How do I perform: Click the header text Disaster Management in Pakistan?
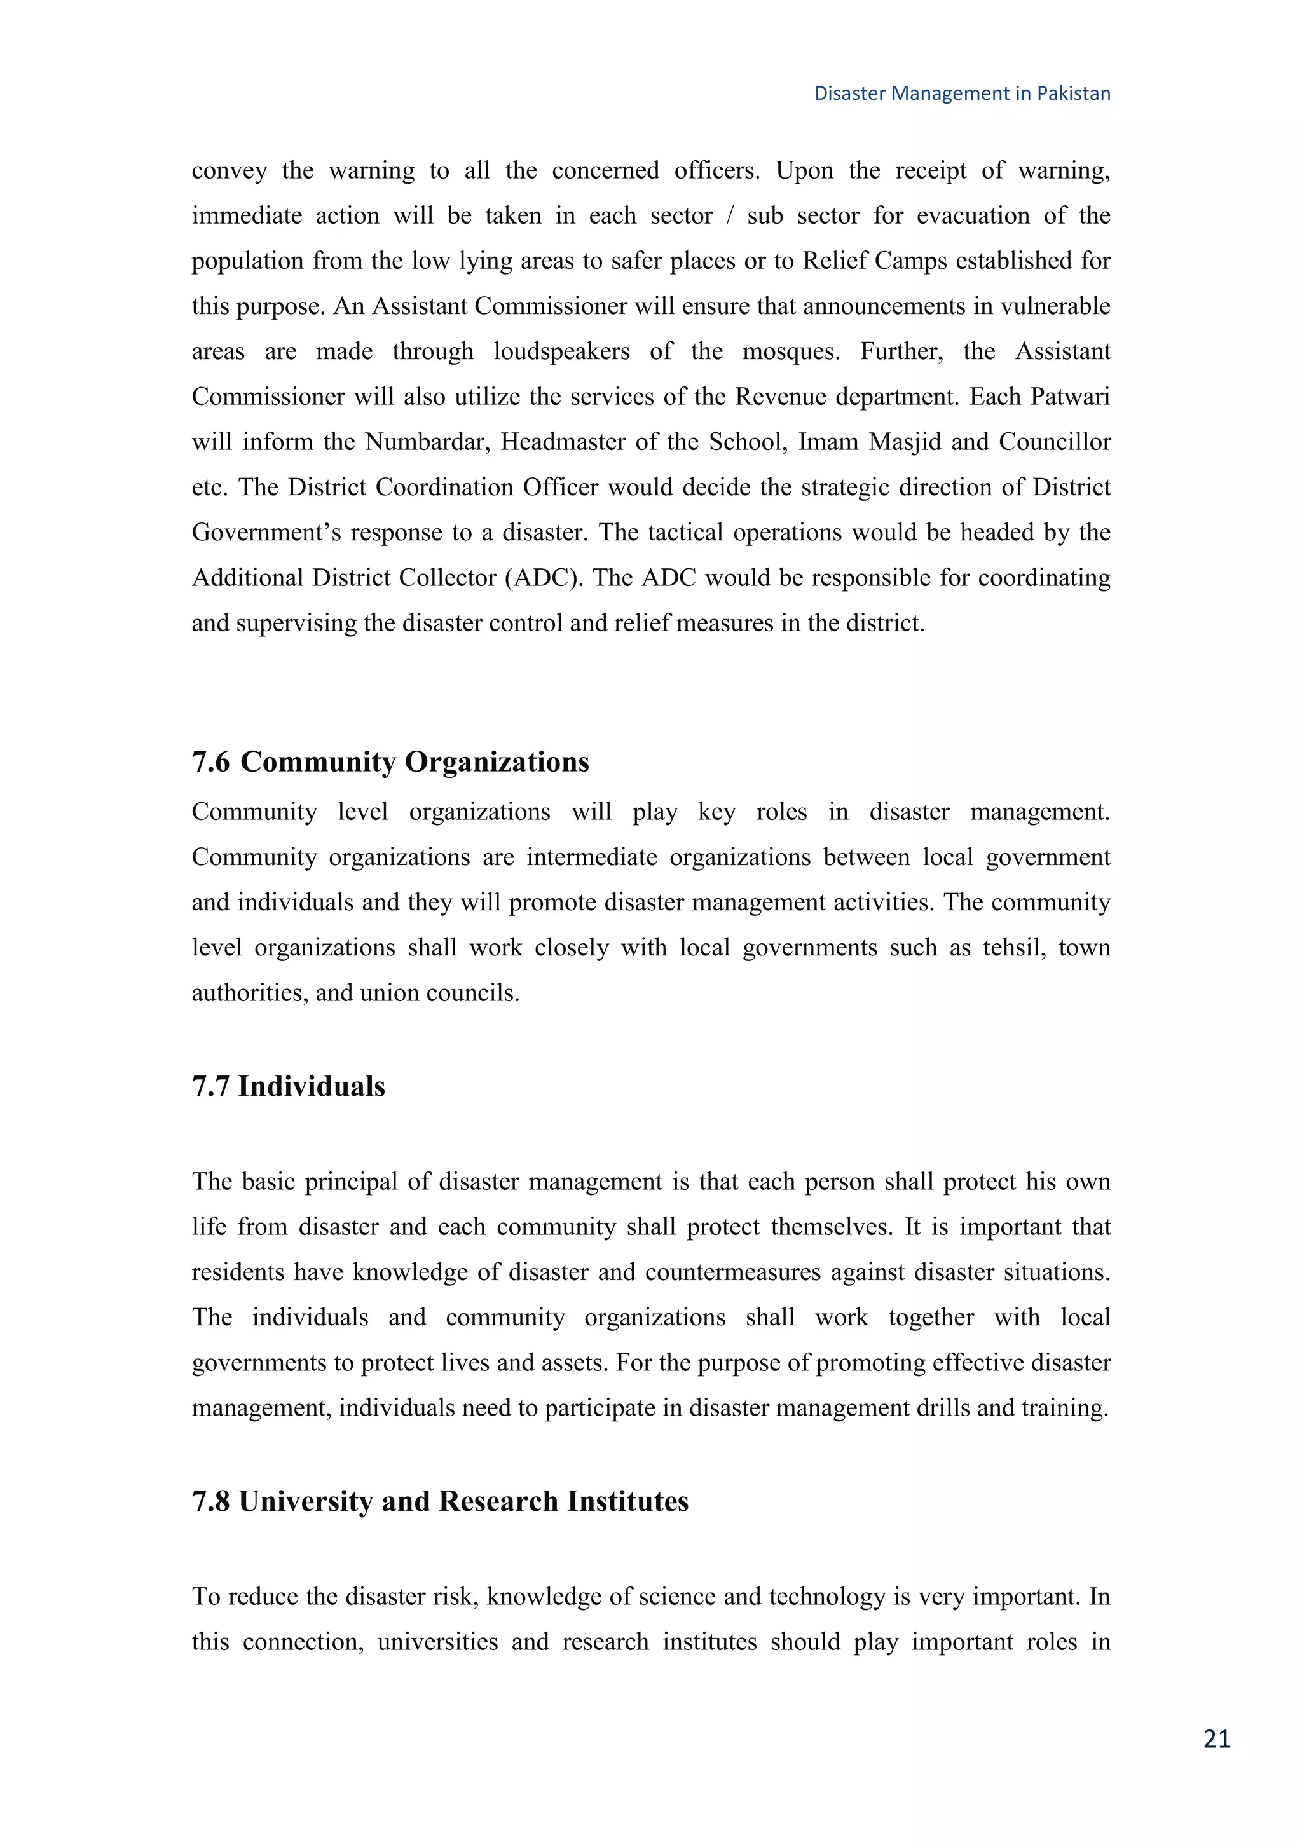click(x=962, y=94)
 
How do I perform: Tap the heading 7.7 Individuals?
click(x=288, y=1086)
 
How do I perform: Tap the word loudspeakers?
click(x=561, y=352)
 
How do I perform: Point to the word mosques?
click(x=790, y=352)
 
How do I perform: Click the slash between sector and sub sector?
click(x=729, y=216)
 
